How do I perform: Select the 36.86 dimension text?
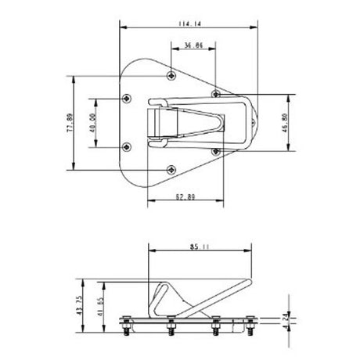(x=193, y=47)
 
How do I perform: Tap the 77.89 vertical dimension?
(x=70, y=123)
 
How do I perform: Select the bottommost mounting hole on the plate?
(x=171, y=168)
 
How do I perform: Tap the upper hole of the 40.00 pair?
(x=127, y=99)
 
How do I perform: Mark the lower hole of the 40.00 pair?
(x=127, y=146)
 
